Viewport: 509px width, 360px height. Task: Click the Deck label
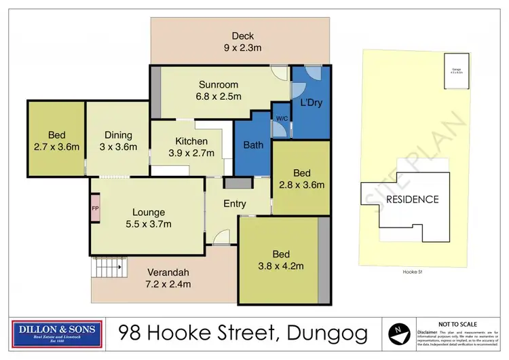(242, 36)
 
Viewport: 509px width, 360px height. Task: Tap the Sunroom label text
(219, 85)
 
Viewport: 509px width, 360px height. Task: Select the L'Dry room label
(311, 103)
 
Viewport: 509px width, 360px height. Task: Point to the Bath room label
(252, 145)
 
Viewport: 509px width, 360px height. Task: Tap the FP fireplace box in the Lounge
(95, 208)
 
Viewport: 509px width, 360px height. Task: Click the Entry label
(235, 204)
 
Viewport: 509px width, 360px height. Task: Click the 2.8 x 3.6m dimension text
(302, 184)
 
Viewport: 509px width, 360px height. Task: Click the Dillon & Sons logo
(56, 333)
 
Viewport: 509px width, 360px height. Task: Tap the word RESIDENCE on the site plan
(413, 199)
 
